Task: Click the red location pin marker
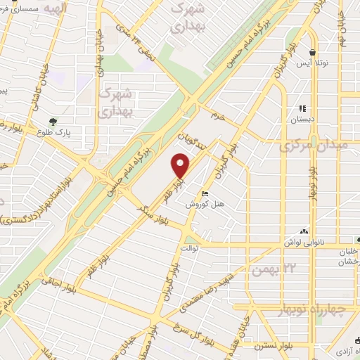(x=181, y=165)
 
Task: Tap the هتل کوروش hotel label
(x=204, y=205)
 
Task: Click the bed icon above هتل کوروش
(x=205, y=194)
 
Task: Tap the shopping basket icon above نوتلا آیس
(x=312, y=52)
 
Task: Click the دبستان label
(x=302, y=120)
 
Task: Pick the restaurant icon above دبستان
(x=302, y=109)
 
